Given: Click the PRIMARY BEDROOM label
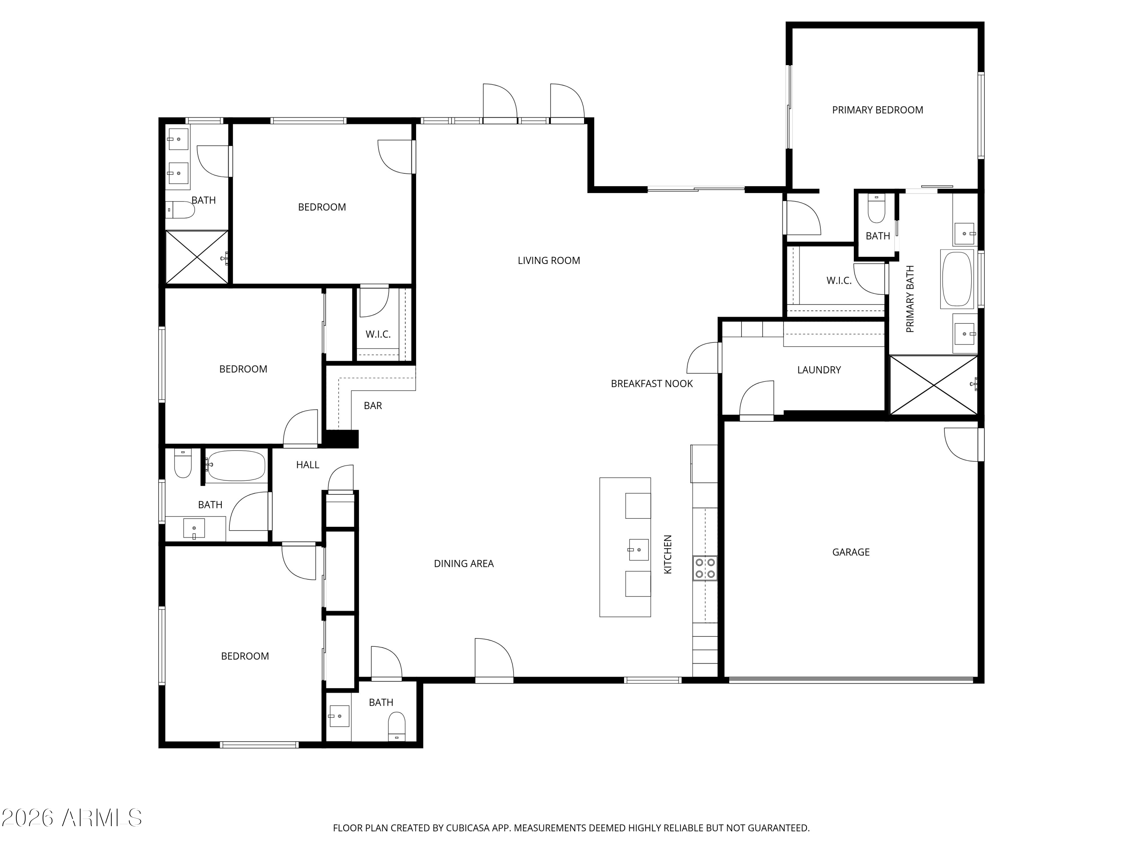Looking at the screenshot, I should point(877,110).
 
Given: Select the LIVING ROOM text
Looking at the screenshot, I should point(549,261).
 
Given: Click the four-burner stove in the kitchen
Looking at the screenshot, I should point(705,568).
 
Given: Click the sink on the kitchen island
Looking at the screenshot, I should point(638,550).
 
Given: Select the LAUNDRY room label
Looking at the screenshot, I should point(818,370).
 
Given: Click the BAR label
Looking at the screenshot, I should point(373,406).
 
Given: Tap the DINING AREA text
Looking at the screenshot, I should point(464,564).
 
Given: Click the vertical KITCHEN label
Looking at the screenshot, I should point(668,554).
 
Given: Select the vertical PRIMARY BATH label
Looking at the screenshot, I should point(910,299).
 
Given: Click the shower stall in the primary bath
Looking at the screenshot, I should point(933,385).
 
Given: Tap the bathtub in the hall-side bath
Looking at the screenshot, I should point(237,465).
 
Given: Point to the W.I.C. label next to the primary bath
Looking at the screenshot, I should point(839,280).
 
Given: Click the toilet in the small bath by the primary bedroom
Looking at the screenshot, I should point(876,209).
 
